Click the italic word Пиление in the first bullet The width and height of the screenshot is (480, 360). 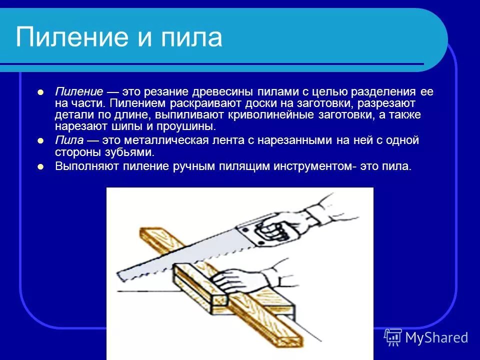click(79, 92)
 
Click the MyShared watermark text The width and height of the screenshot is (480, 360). click(436, 337)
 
